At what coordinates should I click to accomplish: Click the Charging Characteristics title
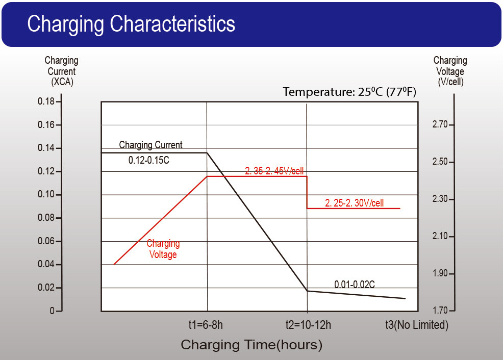click(131, 24)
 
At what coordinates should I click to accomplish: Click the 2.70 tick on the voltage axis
click(440, 124)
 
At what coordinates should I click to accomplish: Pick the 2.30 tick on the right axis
click(440, 199)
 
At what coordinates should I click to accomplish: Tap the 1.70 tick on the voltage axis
click(440, 311)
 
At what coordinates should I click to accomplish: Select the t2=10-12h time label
click(308, 325)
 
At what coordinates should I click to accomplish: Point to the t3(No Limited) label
click(416, 325)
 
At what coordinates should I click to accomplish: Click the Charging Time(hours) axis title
click(251, 345)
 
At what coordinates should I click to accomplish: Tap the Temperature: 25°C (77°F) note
click(349, 92)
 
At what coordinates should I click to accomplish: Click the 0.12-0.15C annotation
click(148, 160)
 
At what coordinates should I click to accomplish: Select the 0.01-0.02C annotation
click(355, 284)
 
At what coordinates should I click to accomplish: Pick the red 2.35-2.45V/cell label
click(278, 171)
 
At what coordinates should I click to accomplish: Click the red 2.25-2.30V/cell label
click(354, 203)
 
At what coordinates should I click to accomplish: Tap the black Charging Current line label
click(150, 145)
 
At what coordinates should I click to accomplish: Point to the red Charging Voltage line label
click(163, 249)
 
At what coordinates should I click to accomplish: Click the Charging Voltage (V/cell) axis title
click(450, 71)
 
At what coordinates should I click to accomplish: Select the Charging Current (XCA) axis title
click(61, 71)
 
